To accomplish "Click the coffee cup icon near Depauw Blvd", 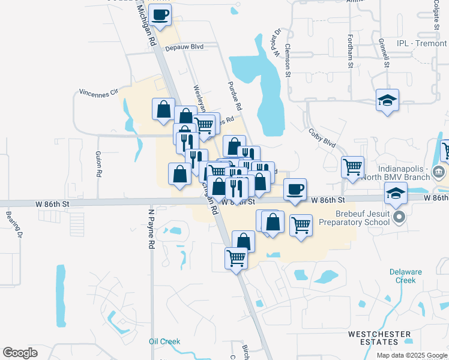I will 160,14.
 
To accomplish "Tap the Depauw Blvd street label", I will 185,47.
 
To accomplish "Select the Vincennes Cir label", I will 98,94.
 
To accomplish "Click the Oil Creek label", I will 164,341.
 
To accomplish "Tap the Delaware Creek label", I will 402,275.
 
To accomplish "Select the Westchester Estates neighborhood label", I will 380,337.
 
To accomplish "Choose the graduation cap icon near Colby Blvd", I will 388,101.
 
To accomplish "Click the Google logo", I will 20,353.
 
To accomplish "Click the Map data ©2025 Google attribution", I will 411,355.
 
